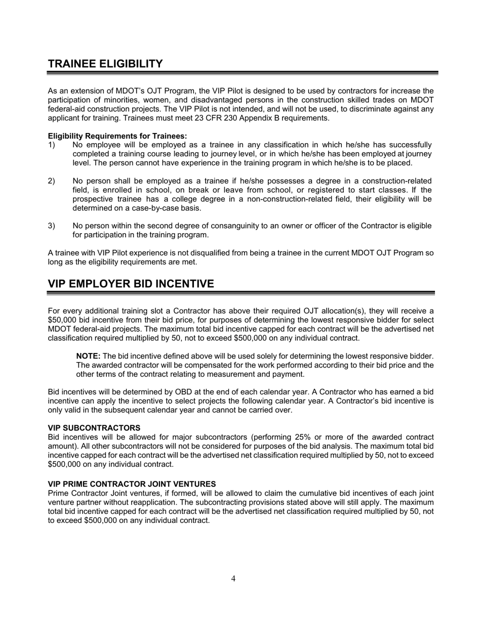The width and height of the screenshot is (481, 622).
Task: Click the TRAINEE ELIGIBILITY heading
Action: click(105, 64)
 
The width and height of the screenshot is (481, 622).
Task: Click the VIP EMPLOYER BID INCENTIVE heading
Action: click(131, 284)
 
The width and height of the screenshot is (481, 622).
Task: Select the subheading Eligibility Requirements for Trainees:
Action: click(117, 136)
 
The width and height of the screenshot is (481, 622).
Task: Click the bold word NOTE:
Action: click(88, 357)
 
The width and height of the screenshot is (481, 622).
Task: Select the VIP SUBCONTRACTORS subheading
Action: click(94, 428)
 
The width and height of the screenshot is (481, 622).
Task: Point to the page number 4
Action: click(233, 579)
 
